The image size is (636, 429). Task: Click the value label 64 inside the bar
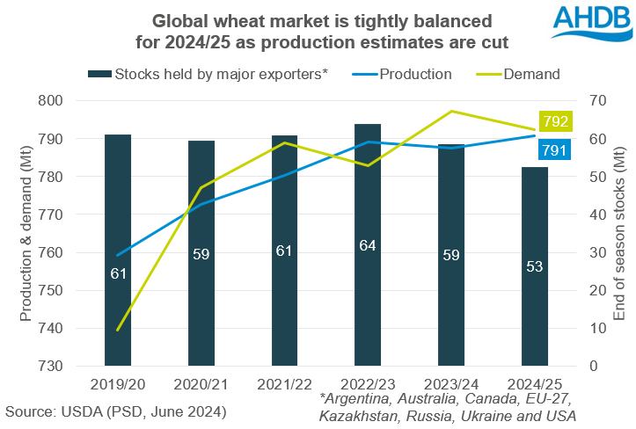pyautogui.click(x=368, y=245)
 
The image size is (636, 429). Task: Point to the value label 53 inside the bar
pyautogui.click(x=534, y=266)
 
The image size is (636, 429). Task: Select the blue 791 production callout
pyautogui.click(x=554, y=151)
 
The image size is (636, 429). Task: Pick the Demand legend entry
pyautogui.click(x=531, y=75)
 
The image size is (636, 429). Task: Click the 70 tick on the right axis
pyautogui.click(x=589, y=101)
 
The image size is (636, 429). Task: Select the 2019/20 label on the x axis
pyautogui.click(x=118, y=384)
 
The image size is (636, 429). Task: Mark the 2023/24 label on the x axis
pyautogui.click(x=450, y=384)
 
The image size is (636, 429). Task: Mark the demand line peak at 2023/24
pyautogui.click(x=450, y=112)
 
